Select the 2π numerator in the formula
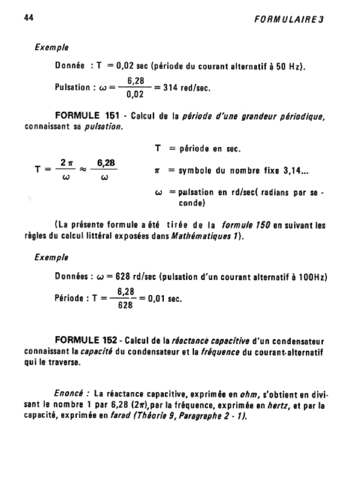tap(67, 162)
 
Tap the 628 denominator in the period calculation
tap(126, 307)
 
